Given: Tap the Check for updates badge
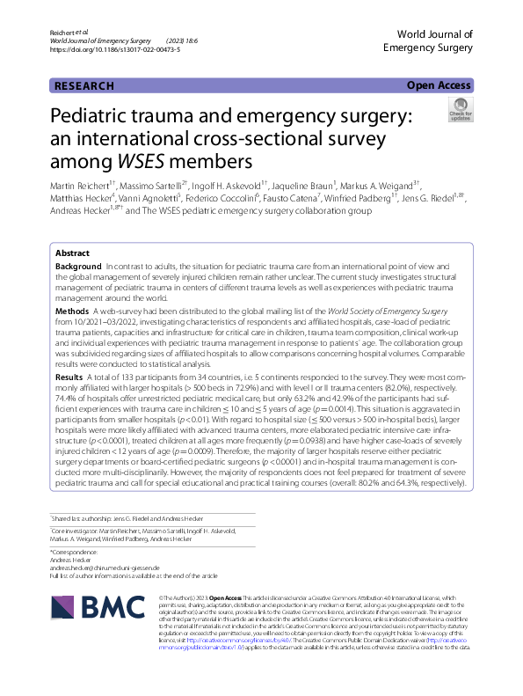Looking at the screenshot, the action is (460, 110).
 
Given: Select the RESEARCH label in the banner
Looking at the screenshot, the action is (84, 86).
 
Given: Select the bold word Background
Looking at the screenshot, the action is (78, 266).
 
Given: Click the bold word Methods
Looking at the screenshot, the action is (73, 311).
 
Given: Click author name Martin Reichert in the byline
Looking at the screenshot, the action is (82, 187).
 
